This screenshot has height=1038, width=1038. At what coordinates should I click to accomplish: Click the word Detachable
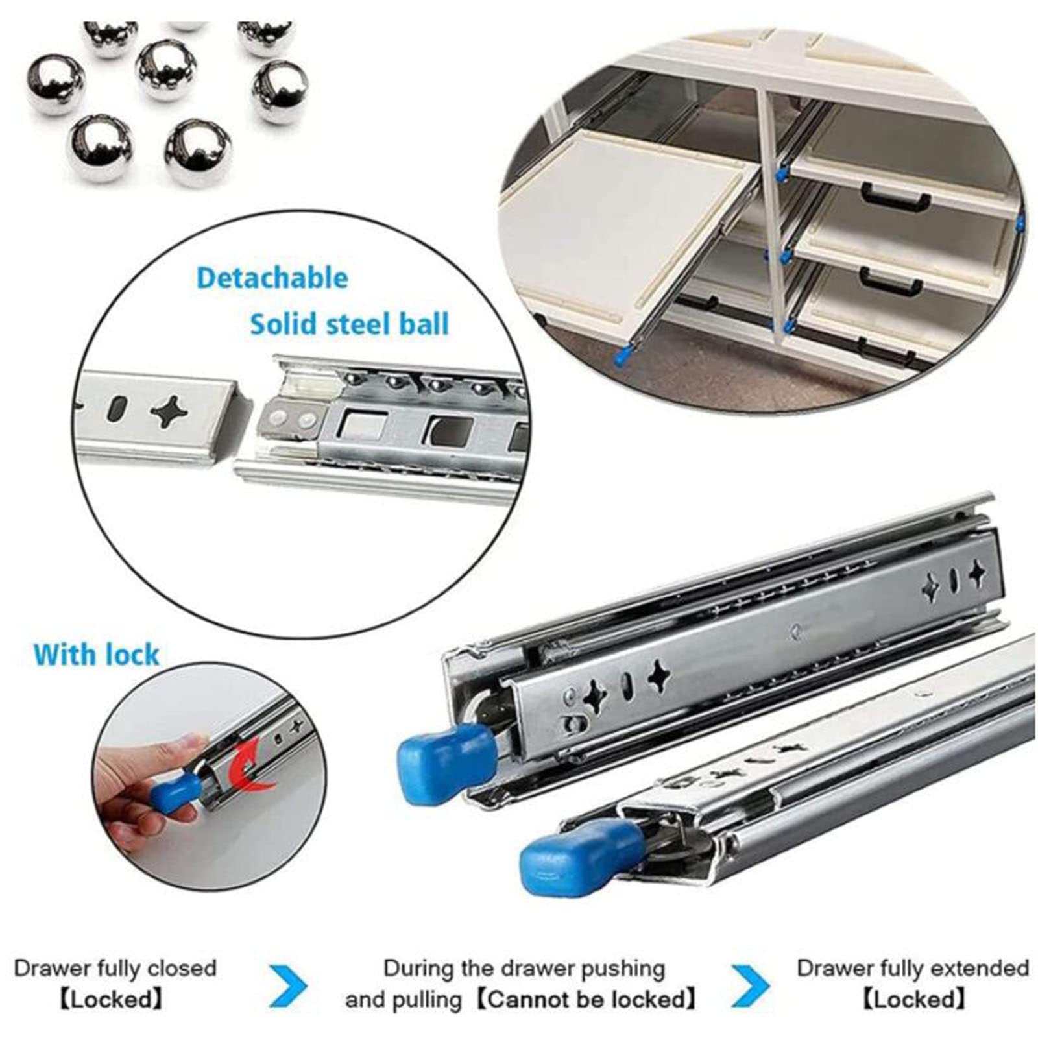tap(272, 278)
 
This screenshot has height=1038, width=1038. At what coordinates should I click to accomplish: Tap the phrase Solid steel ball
tap(350, 324)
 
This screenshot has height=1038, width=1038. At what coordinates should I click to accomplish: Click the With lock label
tap(96, 655)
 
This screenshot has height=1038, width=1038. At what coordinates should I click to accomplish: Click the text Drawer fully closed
tap(115, 969)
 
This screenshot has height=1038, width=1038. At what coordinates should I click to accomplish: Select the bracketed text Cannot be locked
tap(587, 999)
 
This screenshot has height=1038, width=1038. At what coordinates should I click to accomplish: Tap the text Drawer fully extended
tap(913, 969)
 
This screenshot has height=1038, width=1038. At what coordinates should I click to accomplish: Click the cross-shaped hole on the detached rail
tap(172, 410)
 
